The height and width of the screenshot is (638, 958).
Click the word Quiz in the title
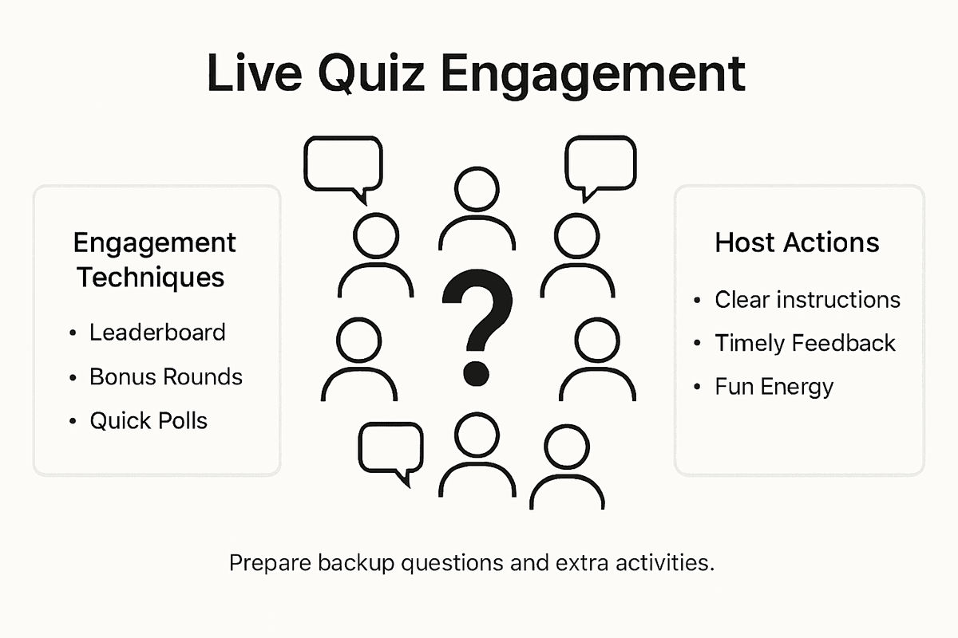[371, 74]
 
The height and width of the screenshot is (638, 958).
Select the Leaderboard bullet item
[157, 332]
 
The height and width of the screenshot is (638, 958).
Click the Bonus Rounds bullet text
[166, 376]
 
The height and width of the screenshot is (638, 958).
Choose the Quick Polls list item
[148, 420]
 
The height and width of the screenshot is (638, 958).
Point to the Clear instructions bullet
[807, 300]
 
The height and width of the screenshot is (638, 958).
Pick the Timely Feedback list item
[805, 343]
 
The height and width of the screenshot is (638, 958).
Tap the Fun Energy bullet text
[774, 387]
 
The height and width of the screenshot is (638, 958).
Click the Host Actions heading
[797, 242]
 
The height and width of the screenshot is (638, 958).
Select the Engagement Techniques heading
[154, 260]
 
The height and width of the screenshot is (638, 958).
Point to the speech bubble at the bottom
[390, 450]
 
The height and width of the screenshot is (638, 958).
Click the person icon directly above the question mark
[477, 207]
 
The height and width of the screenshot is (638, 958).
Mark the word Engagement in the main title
[592, 74]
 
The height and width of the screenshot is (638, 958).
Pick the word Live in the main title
[255, 74]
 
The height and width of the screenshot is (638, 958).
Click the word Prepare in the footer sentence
[268, 563]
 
